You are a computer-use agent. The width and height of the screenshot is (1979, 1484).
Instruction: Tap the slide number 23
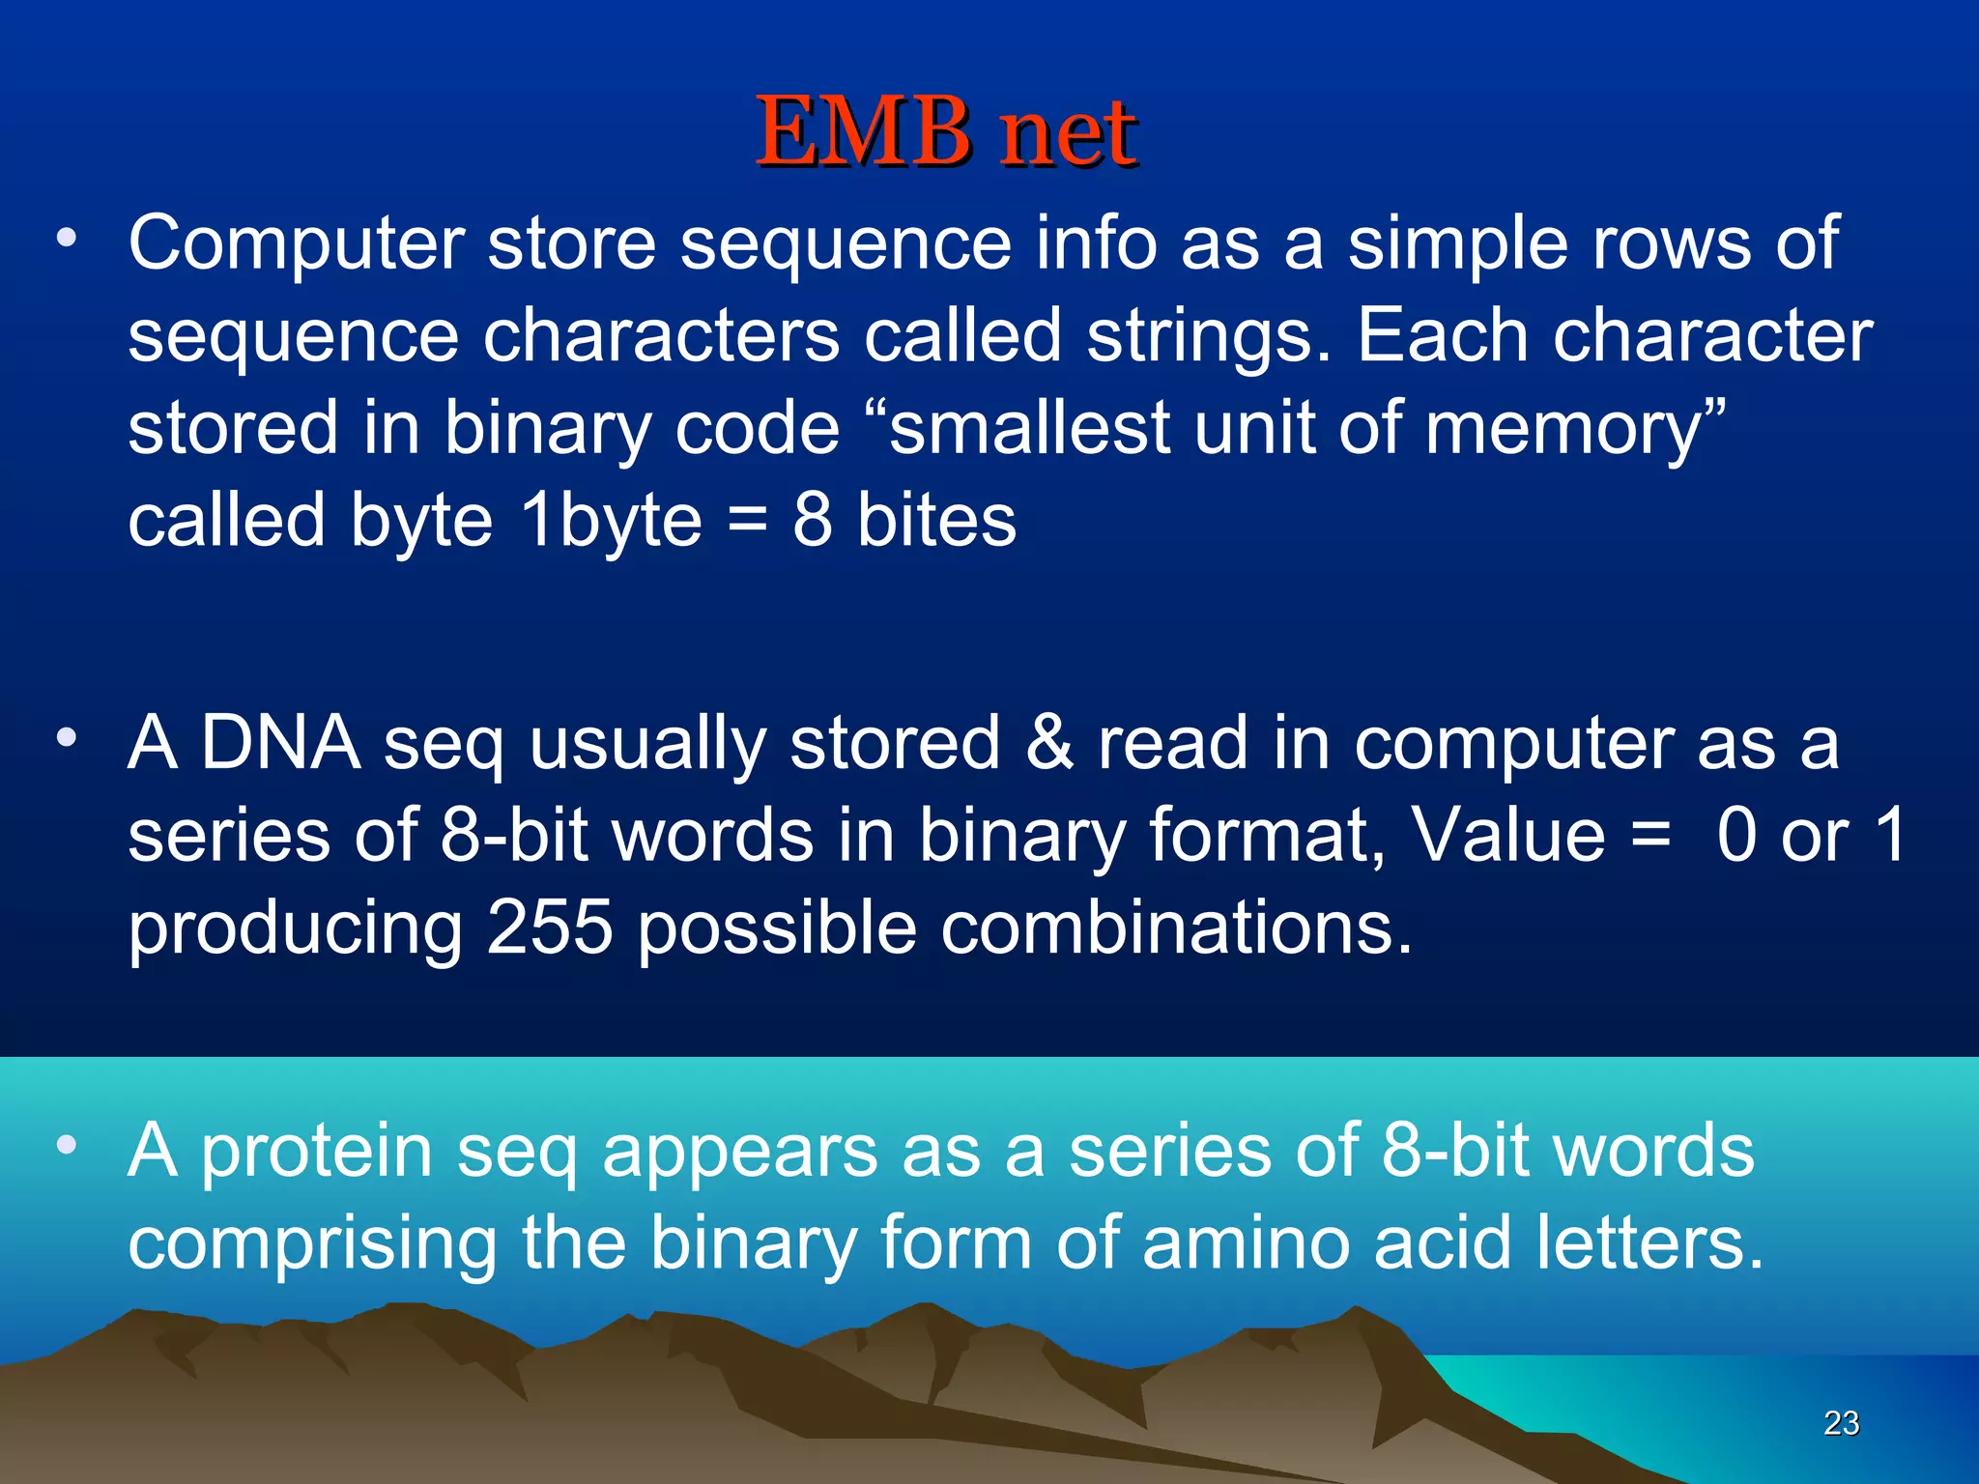(1841, 1422)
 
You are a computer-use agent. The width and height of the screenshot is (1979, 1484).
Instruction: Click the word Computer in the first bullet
(297, 243)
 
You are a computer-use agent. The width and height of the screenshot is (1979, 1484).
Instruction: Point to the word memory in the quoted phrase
(1563, 428)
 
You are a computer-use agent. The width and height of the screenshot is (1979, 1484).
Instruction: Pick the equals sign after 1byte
(747, 523)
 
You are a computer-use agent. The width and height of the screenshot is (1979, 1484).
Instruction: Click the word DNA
(280, 743)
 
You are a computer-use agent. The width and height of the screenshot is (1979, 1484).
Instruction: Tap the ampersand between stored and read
(1048, 743)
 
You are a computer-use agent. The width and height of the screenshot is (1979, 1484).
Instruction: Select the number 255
(549, 927)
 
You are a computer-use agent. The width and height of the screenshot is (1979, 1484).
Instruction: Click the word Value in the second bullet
(1507, 836)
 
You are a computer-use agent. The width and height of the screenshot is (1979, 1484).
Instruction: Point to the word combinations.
(1176, 927)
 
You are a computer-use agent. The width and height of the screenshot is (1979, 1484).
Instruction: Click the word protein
(316, 1152)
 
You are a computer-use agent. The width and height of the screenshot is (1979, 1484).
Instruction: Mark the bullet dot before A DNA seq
(66, 738)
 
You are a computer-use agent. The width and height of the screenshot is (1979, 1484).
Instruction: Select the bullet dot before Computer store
(66, 238)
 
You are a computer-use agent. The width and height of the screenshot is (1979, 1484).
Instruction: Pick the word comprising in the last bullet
(312, 1244)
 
